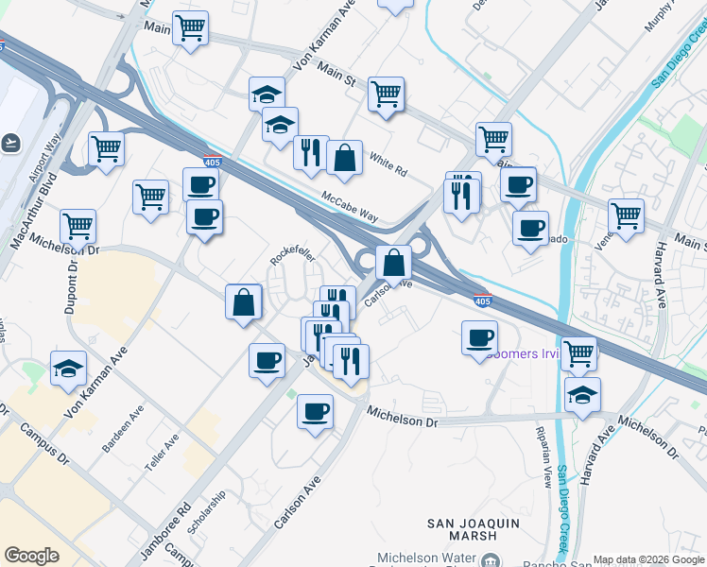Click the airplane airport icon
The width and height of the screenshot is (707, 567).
coord(10,142)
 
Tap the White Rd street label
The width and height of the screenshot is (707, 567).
coord(388,165)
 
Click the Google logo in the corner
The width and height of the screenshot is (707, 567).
coord(32,556)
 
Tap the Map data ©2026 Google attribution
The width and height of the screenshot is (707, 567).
coord(648,559)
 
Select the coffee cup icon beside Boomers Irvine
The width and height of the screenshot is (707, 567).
coord(479,337)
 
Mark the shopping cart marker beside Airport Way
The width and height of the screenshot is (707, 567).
coord(106,149)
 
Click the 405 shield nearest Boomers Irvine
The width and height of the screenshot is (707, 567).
coord(482,301)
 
